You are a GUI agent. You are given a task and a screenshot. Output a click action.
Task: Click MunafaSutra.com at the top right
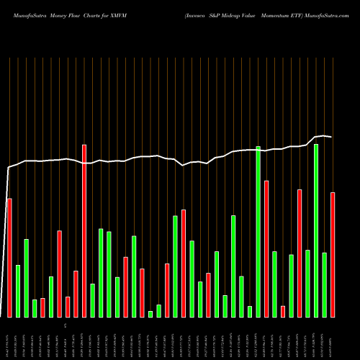[330, 12]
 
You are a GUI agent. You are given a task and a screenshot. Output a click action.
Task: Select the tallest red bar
[84, 230]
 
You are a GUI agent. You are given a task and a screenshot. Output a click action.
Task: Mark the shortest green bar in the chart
[150, 313]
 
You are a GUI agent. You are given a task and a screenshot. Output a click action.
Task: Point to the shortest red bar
[68, 307]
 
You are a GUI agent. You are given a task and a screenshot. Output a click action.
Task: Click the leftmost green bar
[18, 291]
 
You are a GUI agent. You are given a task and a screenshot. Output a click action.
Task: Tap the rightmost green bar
[325, 284]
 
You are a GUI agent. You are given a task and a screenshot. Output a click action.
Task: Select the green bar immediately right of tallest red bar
[92, 300]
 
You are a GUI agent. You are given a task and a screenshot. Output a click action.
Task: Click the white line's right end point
[331, 137]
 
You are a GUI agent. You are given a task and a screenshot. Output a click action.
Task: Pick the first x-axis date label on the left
[9, 338]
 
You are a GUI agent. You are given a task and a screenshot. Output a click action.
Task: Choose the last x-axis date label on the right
[333, 338]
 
